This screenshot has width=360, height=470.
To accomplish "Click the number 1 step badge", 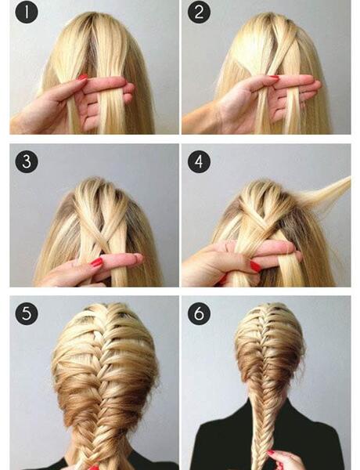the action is (x=27, y=13).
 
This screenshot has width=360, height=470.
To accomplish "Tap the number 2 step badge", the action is (x=199, y=13).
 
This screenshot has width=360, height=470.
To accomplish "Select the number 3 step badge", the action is (x=27, y=161).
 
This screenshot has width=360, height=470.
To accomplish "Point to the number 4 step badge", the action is (x=199, y=161).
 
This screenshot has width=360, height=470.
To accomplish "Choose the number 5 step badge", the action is (x=27, y=313).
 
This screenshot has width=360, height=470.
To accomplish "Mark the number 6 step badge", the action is (x=199, y=313).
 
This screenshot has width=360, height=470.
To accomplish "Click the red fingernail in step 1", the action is (x=83, y=77).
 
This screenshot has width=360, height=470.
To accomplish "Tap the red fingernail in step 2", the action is (x=274, y=78).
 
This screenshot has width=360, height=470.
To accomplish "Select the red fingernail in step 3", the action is (x=97, y=262).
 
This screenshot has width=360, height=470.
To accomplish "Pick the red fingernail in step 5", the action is (x=93, y=468).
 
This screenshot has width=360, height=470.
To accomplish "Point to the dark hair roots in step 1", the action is (x=93, y=45).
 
